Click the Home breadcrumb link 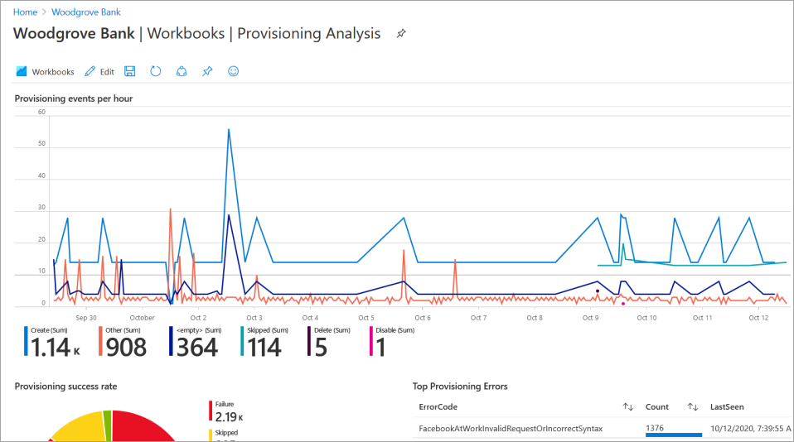[x=26, y=12]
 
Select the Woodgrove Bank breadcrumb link [x=86, y=12]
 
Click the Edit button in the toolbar [x=99, y=72]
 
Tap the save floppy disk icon [x=130, y=72]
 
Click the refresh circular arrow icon [x=155, y=72]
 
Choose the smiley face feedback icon [x=233, y=72]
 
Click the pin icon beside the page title [x=401, y=34]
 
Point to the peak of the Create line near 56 [x=228, y=129]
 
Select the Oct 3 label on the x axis [x=254, y=318]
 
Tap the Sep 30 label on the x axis [x=86, y=318]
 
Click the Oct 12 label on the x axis [x=758, y=318]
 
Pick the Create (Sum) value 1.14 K [x=51, y=347]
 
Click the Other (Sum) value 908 [x=126, y=347]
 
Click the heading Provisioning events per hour [x=74, y=98]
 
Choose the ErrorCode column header [x=438, y=407]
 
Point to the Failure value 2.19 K [x=230, y=416]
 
